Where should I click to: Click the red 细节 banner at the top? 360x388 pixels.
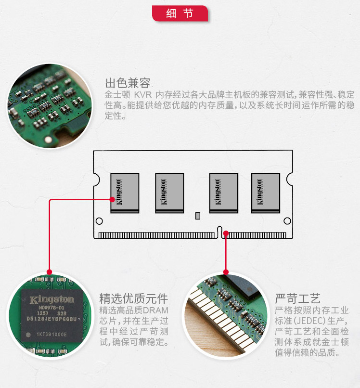coord(180,13)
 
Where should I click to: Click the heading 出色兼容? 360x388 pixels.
coord(128,82)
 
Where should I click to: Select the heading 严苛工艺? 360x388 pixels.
coord(297,297)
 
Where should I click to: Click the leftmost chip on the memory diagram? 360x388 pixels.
coord(125,193)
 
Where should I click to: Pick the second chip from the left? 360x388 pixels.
coord(169,193)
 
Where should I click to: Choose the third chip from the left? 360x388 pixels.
coord(224,193)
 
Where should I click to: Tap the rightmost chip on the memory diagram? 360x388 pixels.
coord(265,193)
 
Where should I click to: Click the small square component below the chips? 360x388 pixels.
coord(198,216)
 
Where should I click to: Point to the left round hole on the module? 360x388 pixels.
coord(99,221)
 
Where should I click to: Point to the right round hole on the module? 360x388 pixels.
coord(287,221)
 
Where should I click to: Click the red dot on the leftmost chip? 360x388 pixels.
coord(112,199)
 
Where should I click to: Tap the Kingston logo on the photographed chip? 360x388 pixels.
coord(52,300)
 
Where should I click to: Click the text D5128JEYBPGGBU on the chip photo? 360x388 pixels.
coord(52,318)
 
